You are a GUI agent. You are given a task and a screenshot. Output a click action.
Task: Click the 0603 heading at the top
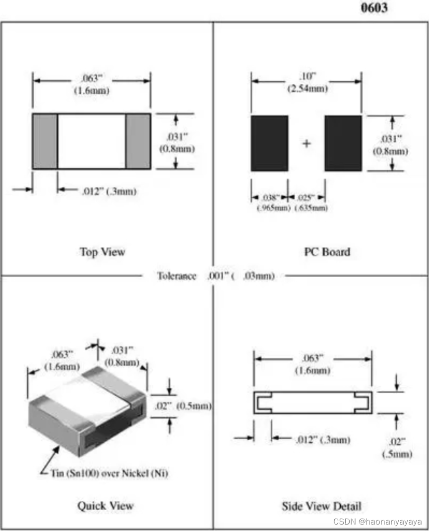374,8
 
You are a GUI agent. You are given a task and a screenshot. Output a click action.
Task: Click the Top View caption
102,252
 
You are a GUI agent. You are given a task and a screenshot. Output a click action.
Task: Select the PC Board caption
326,252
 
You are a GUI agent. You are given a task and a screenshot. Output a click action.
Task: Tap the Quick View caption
105,506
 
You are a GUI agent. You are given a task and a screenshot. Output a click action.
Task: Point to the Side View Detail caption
321,506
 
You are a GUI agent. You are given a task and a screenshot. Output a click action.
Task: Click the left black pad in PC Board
269,143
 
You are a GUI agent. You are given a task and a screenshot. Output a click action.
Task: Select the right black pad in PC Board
343,143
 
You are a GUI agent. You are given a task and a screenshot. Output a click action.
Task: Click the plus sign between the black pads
306,144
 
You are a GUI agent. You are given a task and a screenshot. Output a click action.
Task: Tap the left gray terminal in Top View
45,141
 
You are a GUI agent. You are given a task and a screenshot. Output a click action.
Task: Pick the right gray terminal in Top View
138,141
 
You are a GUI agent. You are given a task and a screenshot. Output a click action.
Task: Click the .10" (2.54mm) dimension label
306,82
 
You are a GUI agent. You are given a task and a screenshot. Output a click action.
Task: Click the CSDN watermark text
377,522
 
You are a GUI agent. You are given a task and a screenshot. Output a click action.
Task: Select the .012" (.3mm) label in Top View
109,191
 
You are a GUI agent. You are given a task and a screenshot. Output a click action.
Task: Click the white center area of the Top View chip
91,141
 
